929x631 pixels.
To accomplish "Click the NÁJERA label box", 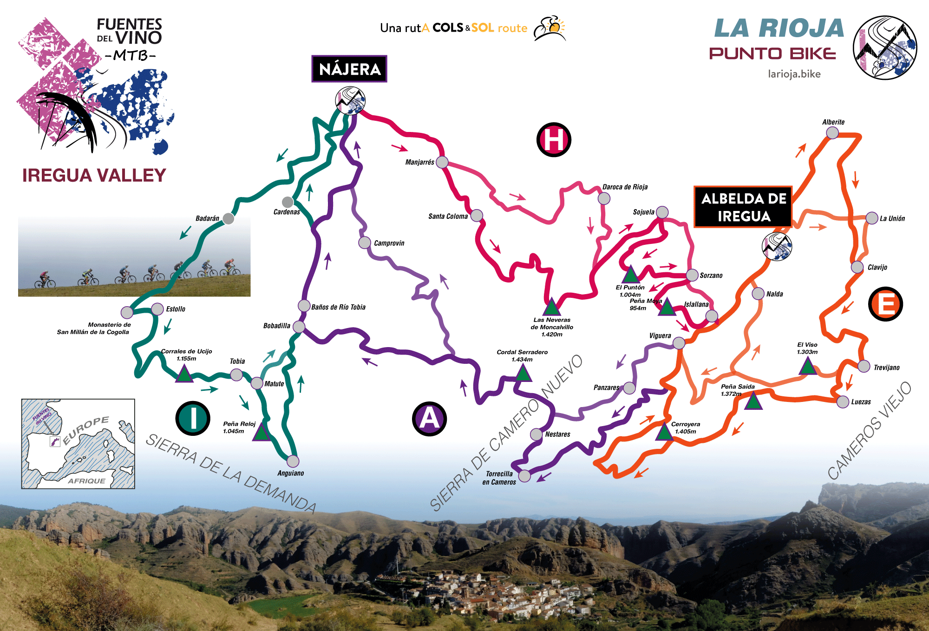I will (349, 69).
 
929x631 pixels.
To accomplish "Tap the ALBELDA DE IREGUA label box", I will (743, 207).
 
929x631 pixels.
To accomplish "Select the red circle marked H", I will (553, 139).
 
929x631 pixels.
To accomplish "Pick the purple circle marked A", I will (429, 419).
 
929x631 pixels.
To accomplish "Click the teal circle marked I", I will (193, 418).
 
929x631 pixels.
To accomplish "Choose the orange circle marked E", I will (885, 304).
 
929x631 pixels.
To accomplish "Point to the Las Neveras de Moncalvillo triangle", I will (551, 308).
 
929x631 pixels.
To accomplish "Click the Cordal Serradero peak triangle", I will (523, 373).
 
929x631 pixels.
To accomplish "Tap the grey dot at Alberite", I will (832, 133).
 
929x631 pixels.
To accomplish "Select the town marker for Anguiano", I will (293, 461).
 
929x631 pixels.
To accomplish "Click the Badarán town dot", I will (228, 218).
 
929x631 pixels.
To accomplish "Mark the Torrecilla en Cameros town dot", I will (524, 476).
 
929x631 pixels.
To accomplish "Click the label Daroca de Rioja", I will (625, 187).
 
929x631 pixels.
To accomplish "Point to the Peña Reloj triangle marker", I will (262, 433).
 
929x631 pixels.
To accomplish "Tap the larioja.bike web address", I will (794, 74).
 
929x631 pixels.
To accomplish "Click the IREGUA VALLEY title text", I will (94, 176).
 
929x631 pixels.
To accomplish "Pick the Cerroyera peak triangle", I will (664, 432).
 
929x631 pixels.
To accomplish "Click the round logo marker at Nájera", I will (350, 100).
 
